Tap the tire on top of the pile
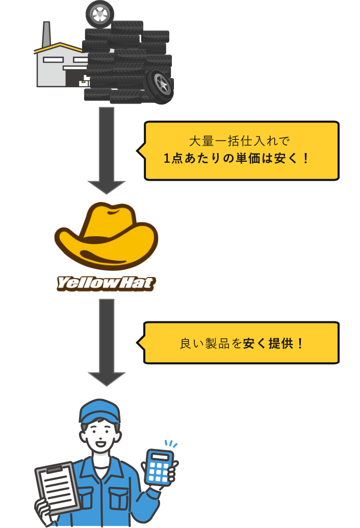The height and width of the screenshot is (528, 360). (x=100, y=14)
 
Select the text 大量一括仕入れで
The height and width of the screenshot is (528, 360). (x=239, y=141)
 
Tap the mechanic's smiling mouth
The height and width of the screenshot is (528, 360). (x=100, y=444)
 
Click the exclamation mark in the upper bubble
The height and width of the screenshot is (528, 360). (x=305, y=158)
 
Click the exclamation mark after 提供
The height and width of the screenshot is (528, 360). (x=300, y=343)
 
